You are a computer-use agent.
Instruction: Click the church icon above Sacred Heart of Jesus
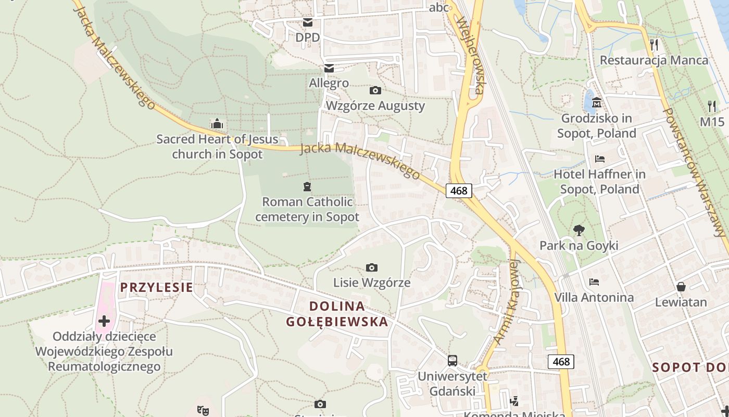coord(217,124)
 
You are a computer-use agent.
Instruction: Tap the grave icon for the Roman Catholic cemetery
coord(307,186)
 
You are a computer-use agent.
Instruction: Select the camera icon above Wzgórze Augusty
coord(375,90)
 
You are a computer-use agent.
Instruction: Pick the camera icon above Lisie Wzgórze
coord(371,267)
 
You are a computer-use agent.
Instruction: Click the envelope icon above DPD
coord(308,22)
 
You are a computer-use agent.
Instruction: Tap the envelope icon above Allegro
coord(329,68)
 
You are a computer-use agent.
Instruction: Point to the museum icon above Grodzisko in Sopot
coord(597,102)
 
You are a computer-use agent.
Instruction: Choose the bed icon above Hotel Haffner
coord(599,158)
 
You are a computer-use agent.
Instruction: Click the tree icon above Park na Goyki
coord(579,230)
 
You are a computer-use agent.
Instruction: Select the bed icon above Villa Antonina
coord(594,282)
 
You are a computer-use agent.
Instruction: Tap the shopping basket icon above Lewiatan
coord(681,286)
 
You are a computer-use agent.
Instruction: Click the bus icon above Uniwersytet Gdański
coord(453,360)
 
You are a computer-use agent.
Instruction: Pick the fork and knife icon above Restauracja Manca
coord(654,44)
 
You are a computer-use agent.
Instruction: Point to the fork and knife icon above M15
coord(712,106)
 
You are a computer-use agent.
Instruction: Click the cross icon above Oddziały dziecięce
coord(104,321)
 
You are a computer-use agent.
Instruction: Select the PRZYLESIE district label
coord(157,287)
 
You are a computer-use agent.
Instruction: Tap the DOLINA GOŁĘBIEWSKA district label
coord(337,314)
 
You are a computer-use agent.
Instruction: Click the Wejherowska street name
coord(471,55)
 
